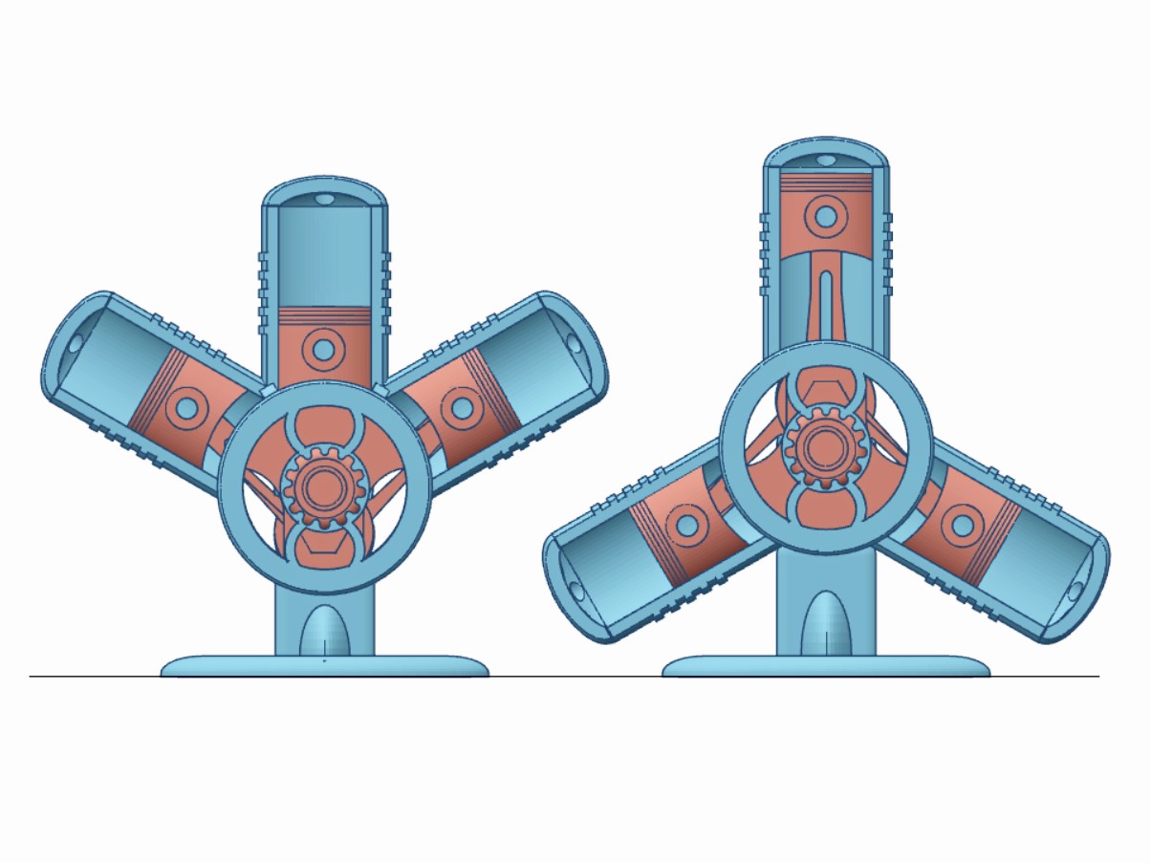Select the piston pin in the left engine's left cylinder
click(186, 409)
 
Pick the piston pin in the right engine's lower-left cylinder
click(685, 524)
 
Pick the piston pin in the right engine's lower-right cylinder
click(960, 525)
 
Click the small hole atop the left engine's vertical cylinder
click(324, 200)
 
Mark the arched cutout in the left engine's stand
click(324, 631)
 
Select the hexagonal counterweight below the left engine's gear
click(322, 548)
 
